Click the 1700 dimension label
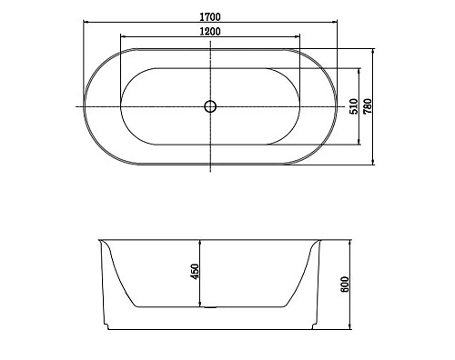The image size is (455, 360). point(210,17)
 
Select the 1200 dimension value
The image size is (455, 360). point(210,31)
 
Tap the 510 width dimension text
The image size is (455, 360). point(354,106)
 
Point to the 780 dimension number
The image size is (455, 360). point(368,106)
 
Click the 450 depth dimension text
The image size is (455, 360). point(195,272)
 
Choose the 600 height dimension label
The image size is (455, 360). point(345,285)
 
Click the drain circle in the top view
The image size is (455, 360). point(210,106)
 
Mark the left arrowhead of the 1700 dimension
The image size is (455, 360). point(86,22)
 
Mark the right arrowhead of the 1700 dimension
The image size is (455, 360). point(335,22)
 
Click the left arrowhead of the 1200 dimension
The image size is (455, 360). point(123,36)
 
